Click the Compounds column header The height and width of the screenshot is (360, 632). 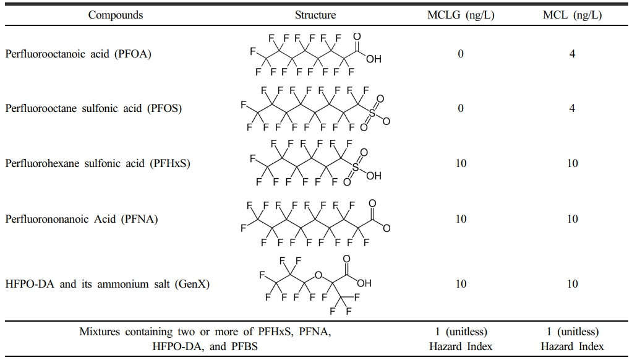point(115,15)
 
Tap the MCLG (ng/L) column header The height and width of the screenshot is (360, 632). point(461,15)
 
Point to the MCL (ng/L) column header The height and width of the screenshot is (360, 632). point(572,15)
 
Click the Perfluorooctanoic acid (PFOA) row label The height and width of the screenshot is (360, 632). point(79,54)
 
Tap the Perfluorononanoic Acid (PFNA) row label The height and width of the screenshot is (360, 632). point(82,219)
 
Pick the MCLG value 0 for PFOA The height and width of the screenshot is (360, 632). point(461,54)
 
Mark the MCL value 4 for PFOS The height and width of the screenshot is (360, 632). point(572,108)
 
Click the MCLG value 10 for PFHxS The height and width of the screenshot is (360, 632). point(461,163)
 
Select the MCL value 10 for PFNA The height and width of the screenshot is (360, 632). point(572,219)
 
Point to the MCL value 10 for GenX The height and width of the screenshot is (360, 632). point(572,284)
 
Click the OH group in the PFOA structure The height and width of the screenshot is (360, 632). point(374,60)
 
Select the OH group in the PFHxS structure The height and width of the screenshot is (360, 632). point(374,176)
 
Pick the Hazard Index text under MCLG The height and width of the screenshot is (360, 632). point(461,346)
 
